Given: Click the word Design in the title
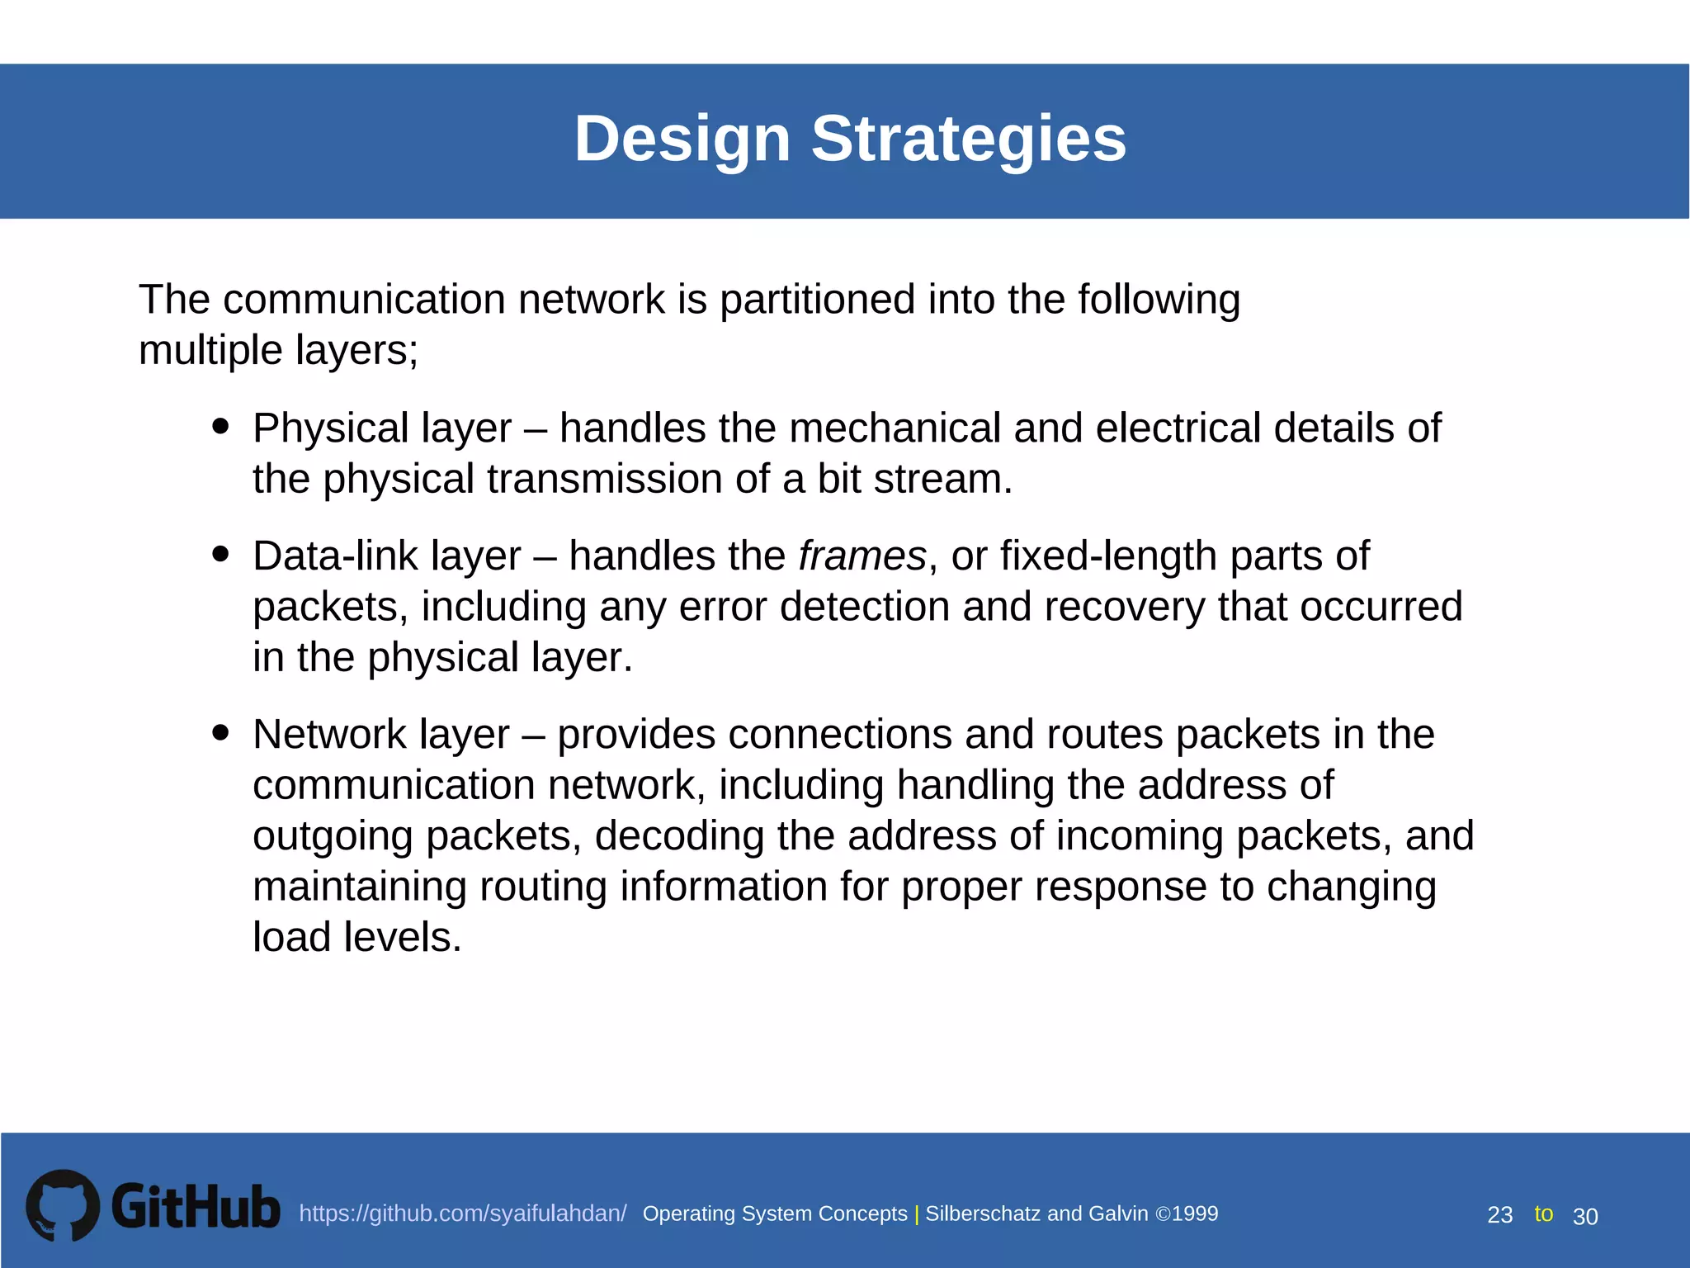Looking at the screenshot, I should [682, 139].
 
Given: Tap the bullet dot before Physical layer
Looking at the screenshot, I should [220, 426].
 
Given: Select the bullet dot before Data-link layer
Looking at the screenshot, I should [220, 553].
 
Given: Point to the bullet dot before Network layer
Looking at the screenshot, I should [220, 731].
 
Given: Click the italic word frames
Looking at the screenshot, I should [862, 556].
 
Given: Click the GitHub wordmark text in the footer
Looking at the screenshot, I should [196, 1207].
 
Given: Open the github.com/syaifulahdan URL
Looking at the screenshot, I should [462, 1214].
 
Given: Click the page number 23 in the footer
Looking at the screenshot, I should [1499, 1215].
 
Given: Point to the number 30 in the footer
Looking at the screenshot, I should [1585, 1216].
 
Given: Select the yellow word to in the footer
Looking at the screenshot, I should [1543, 1214].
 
